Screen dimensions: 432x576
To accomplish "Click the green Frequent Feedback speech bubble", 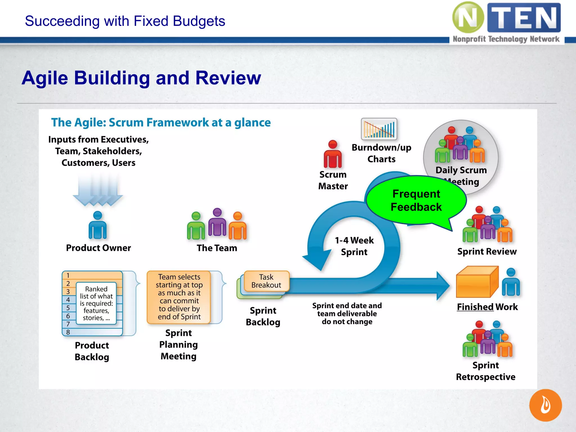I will (x=416, y=200).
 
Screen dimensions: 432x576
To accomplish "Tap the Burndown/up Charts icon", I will (x=379, y=129).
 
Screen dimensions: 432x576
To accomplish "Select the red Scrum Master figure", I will (x=333, y=154).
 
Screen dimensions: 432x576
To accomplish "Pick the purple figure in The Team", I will (x=217, y=222).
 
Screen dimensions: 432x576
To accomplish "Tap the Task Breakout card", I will (x=266, y=281).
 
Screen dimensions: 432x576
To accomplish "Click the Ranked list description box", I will (x=96, y=303).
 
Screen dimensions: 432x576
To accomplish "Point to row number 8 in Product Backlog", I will (x=68, y=332).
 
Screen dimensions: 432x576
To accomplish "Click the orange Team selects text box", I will (x=179, y=297).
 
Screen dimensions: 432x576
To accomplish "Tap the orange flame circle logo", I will (x=545, y=405).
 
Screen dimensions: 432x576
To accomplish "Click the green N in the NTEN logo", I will (x=468, y=18).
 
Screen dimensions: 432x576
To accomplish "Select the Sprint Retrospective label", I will (x=485, y=371).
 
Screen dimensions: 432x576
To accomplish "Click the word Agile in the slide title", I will (x=45, y=78).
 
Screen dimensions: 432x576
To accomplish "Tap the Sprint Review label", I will (x=487, y=251).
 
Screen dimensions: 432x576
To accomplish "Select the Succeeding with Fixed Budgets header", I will (x=125, y=21).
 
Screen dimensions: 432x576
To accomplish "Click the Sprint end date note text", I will (x=347, y=314).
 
